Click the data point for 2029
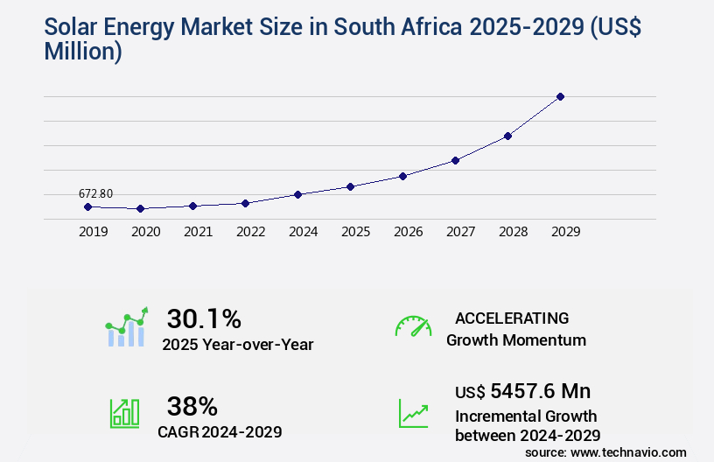pos(561,96)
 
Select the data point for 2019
pos(87,206)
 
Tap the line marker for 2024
pos(298,194)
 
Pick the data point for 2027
pos(456,160)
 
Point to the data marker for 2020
pos(140,209)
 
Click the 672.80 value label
pos(95,193)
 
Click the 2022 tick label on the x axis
pos(250,232)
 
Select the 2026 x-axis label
pos(408,232)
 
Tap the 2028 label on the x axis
pos(513,232)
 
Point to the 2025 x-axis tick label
pos(355,232)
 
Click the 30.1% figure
pos(204,318)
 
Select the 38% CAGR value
pos(192,406)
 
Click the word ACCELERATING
pos(512,318)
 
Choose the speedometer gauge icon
pos(413,326)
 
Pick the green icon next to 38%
pos(124,413)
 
